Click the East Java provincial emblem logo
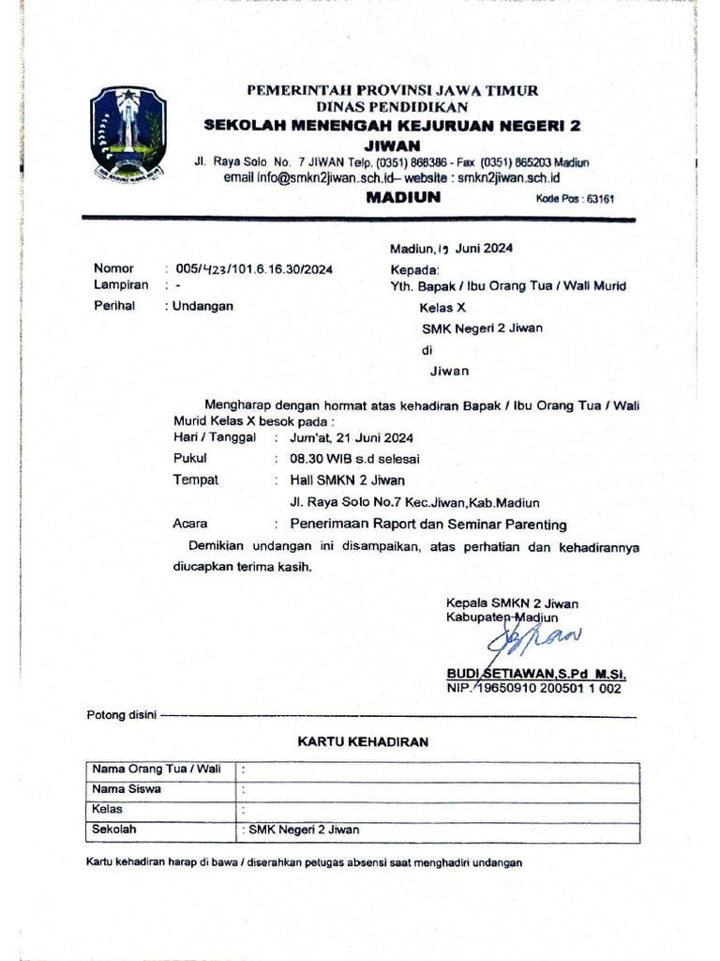[128, 134]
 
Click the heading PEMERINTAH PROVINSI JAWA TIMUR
[392, 91]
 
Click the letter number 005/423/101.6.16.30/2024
[254, 269]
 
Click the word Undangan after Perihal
[204, 306]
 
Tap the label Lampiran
[121, 284]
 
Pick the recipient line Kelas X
[442, 307]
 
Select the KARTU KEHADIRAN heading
[363, 742]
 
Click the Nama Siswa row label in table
[127, 789]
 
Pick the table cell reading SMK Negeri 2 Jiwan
[305, 830]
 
